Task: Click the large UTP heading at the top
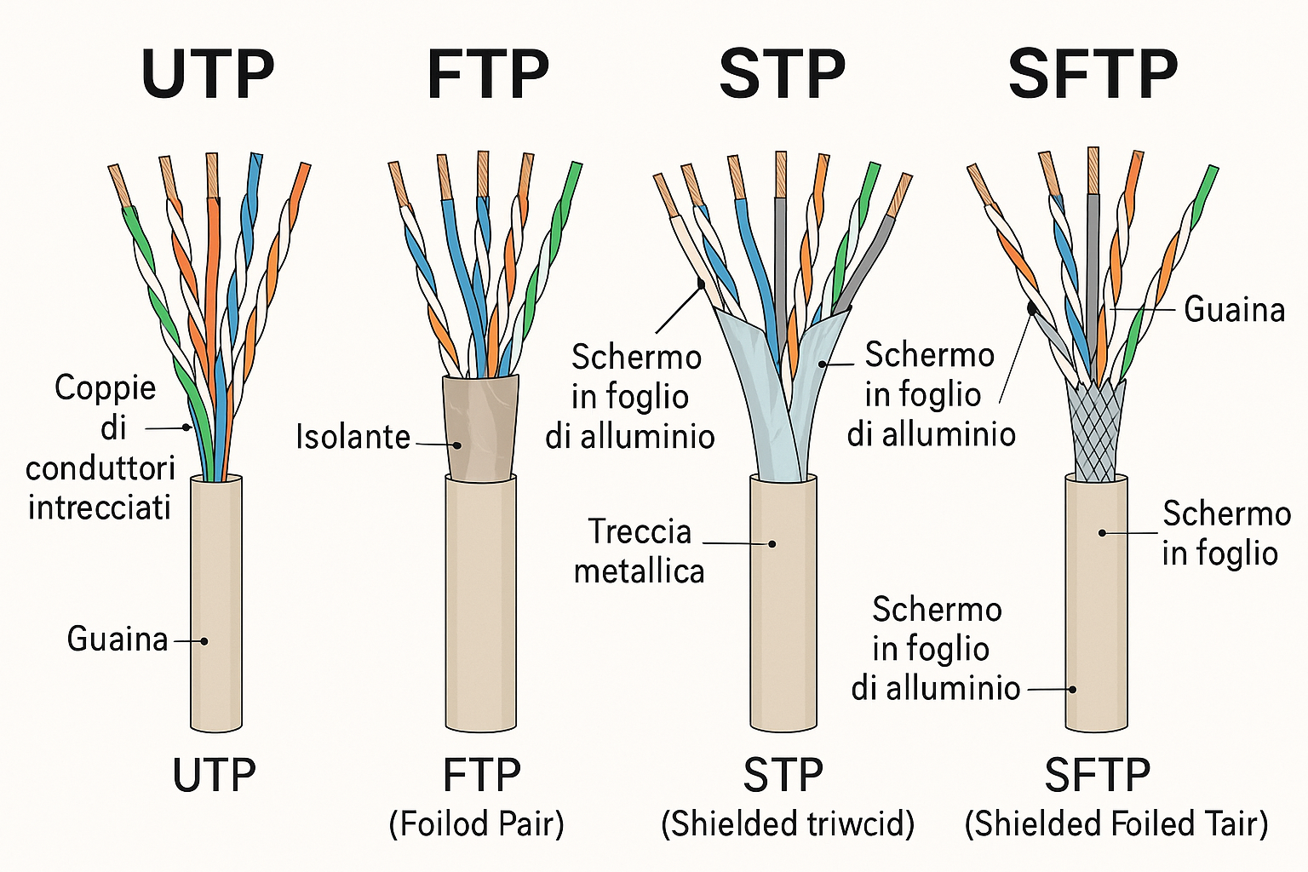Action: pos(208,75)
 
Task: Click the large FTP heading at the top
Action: pos(487,75)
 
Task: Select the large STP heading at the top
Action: pos(782,75)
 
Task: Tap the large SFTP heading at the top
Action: pos(1093,75)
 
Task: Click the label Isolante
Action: pos(353,437)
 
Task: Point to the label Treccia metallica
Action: pos(639,551)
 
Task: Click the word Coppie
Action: pos(106,388)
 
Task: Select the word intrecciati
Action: pos(100,508)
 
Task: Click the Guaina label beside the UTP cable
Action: pos(118,639)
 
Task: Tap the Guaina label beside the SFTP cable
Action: pos(1234,309)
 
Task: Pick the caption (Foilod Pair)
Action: pos(476,824)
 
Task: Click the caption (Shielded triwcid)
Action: pos(788,824)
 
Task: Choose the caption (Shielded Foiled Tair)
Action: pos(1116,824)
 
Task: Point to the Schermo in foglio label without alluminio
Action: pos(1221,533)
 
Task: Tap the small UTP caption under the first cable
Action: pos(214,775)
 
